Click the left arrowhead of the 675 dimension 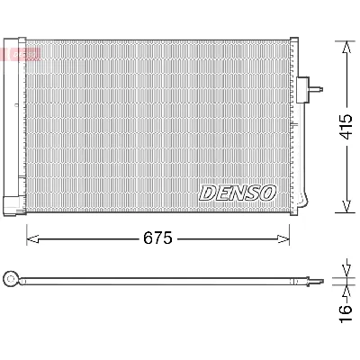pos(31,239)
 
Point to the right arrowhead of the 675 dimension pos(288,239)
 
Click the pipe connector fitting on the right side pos(317,89)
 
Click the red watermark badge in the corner pos(20,56)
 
